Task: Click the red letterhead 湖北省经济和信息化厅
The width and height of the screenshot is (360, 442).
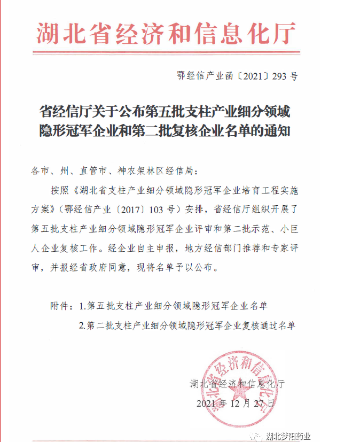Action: coord(166,33)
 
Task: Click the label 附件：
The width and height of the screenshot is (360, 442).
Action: coord(61,306)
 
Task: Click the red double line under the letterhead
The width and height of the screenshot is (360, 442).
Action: coord(166,52)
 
